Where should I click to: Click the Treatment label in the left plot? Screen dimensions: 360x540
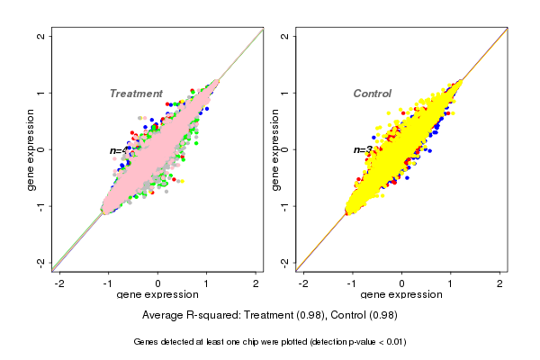click(x=136, y=94)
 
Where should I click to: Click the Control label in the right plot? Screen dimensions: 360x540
click(x=372, y=94)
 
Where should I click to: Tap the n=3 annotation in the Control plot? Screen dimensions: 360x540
click(x=363, y=150)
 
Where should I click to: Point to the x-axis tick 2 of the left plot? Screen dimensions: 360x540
click(x=256, y=283)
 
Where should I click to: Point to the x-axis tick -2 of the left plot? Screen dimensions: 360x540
click(x=60, y=283)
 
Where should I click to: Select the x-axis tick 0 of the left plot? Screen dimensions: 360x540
click(x=158, y=283)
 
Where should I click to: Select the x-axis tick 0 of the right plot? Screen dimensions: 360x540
click(x=401, y=283)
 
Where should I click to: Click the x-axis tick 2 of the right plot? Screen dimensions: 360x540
click(x=499, y=283)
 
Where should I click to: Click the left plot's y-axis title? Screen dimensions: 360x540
click(x=31, y=149)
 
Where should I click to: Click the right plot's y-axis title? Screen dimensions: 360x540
click(x=275, y=149)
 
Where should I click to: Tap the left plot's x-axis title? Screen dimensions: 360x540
click(x=158, y=295)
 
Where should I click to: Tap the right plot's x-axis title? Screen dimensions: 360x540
click(x=401, y=295)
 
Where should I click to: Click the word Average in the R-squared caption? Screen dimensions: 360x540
click(x=164, y=315)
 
